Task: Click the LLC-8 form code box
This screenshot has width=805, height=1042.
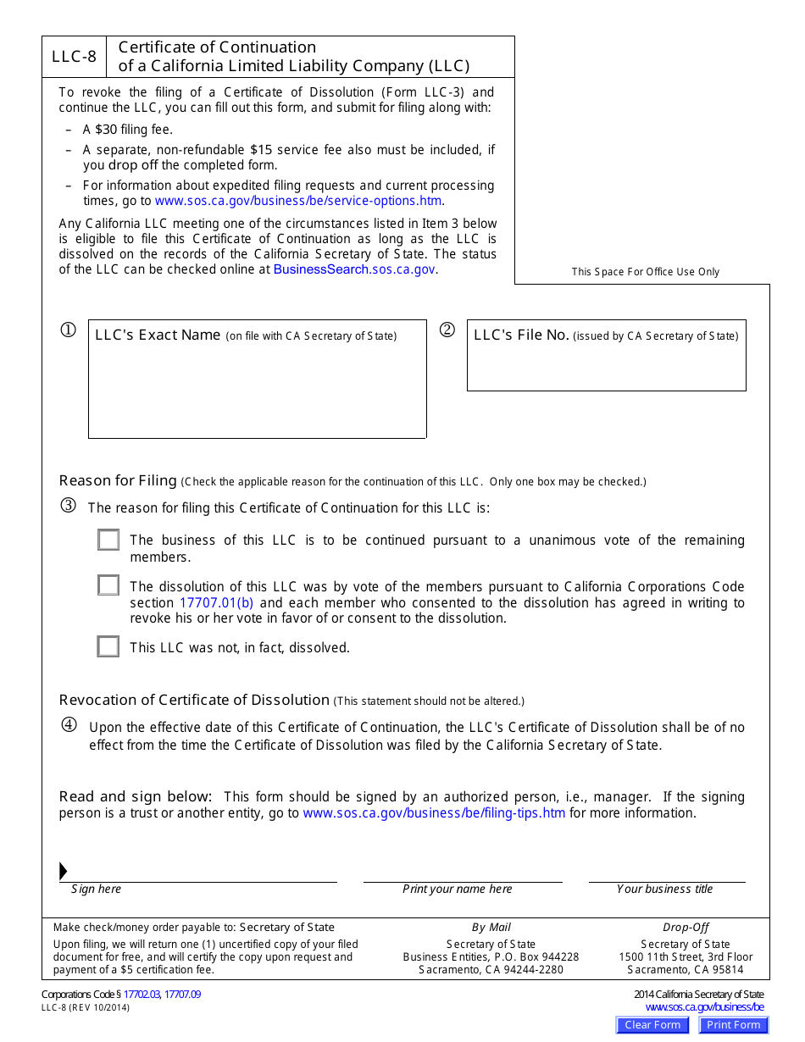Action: pyautogui.click(x=74, y=58)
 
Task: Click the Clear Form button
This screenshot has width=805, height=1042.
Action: pyautogui.click(x=652, y=1025)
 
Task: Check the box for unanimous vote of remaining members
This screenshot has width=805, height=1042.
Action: pyautogui.click(x=108, y=540)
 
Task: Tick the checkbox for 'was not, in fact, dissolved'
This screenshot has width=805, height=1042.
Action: pyautogui.click(x=108, y=647)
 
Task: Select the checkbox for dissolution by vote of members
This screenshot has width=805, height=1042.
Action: pyautogui.click(x=108, y=585)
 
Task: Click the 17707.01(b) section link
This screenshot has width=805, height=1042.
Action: pyautogui.click(x=216, y=603)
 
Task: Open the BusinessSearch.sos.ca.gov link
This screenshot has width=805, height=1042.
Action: pyautogui.click(x=354, y=269)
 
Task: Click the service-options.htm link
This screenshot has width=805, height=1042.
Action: pyautogui.click(x=298, y=201)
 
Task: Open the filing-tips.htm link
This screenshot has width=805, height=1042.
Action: pyautogui.click(x=434, y=813)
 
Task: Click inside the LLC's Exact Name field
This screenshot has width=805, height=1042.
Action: pyautogui.click(x=257, y=390)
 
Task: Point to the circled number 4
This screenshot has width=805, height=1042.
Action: pyautogui.click(x=69, y=725)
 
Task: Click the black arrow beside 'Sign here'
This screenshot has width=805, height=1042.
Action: pyautogui.click(x=64, y=871)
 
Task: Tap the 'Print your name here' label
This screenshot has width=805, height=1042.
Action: pyautogui.click(x=458, y=890)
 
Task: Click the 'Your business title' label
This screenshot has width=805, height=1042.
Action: pyautogui.click(x=664, y=890)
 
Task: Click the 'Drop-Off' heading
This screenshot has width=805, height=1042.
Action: pyautogui.click(x=686, y=928)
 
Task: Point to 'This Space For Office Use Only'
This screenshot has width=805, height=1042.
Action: pyautogui.click(x=645, y=272)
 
